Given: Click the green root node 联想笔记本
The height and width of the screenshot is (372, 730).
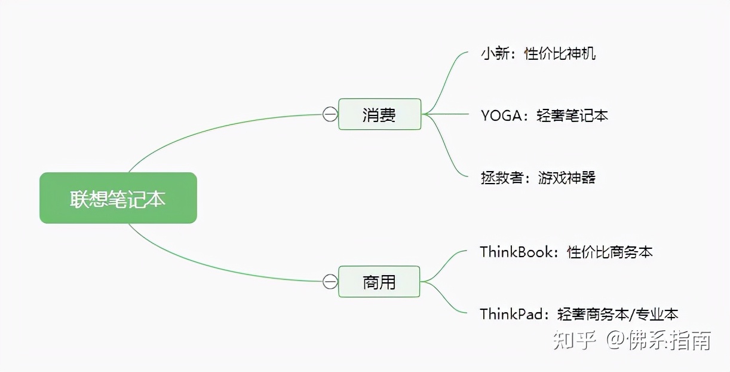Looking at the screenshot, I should coord(118,198).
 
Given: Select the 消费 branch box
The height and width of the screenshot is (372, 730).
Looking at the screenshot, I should coord(379,114).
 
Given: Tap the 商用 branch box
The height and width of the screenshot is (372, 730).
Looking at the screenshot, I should coord(379,281).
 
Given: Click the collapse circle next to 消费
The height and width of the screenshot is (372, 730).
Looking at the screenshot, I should coord(330,114).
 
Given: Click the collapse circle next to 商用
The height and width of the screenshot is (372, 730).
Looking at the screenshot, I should coord(330,281).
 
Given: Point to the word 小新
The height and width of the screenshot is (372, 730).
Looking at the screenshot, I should coord(494,54).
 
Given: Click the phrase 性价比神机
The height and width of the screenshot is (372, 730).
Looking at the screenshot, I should coord(560,54).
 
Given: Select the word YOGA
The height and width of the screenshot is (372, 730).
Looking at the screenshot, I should coord(501,115).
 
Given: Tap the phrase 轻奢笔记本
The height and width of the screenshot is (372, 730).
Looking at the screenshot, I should coord(572,115).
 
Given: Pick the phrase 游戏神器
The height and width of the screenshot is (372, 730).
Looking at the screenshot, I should coord(567,178).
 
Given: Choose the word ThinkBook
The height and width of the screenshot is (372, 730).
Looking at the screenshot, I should coord(517,252).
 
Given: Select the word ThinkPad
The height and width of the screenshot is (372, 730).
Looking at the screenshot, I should coord(514,314).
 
